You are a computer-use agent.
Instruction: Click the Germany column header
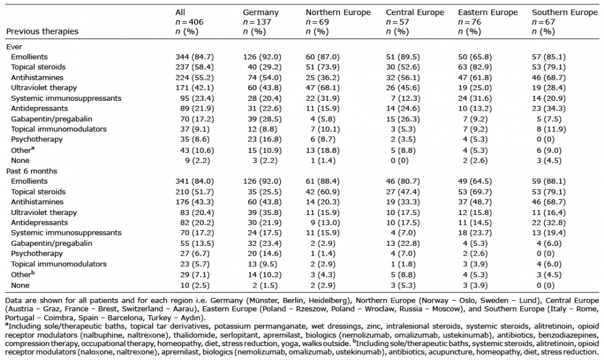coord(260,12)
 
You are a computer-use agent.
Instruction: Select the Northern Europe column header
coord(338,12)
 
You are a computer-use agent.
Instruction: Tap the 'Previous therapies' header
coord(42,31)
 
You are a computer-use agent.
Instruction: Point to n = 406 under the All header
coord(189,22)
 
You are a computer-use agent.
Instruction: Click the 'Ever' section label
coord(14,47)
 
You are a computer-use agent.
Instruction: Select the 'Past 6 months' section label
coord(31,171)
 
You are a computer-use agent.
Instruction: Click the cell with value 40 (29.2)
coord(265,67)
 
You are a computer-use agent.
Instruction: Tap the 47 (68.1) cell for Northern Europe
coord(323,88)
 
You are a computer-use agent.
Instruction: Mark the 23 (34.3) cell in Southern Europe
coord(549,109)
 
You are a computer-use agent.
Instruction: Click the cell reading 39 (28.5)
coord(265,119)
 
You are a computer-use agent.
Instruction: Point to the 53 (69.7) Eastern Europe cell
coord(475,191)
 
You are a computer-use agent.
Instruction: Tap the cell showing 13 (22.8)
coord(403,243)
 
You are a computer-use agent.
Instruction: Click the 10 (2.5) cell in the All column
coord(195,285)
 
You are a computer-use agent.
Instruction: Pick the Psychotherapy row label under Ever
coord(37,140)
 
